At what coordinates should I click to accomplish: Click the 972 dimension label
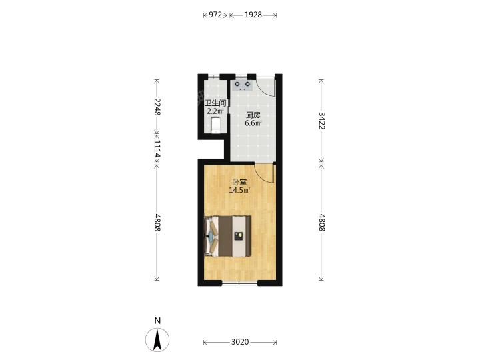coord(215,15)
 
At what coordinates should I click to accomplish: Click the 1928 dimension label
coord(253,15)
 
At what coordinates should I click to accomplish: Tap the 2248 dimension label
coord(157,107)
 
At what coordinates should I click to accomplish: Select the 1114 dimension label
coord(157,149)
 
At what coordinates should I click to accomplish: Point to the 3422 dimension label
coord(322,121)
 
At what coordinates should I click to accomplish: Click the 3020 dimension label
coord(240,342)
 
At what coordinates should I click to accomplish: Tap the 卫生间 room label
coord(215,103)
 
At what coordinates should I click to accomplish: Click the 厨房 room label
coord(253,115)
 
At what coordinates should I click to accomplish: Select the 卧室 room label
coord(239,182)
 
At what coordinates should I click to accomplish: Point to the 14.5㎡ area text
coord(239,190)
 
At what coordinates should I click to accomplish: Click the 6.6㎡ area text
coord(253,123)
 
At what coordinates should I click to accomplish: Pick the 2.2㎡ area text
coord(215,111)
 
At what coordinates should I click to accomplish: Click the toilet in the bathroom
coord(216,125)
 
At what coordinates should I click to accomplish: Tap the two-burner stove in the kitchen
coord(242,85)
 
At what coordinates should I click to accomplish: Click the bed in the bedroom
coord(228,236)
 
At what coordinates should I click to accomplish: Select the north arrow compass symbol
coord(157,340)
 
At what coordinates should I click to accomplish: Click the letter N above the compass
coord(157,321)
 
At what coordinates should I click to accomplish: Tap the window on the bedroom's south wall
coord(240,283)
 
